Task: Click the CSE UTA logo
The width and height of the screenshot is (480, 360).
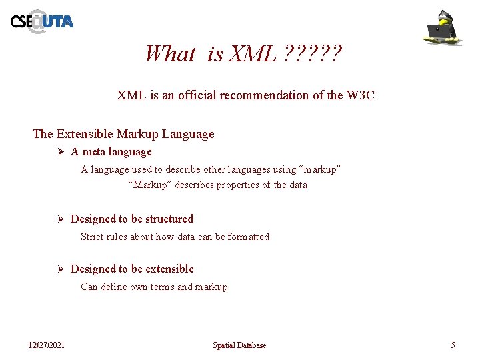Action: (41, 21)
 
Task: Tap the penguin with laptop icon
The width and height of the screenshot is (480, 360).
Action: (445, 27)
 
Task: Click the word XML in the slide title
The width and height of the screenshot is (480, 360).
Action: (251, 53)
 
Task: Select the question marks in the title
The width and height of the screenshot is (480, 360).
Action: (313, 53)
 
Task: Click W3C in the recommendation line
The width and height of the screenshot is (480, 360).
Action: (361, 95)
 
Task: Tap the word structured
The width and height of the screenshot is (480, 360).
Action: (169, 219)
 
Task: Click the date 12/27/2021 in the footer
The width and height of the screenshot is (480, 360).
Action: (47, 345)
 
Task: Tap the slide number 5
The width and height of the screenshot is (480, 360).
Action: (453, 345)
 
